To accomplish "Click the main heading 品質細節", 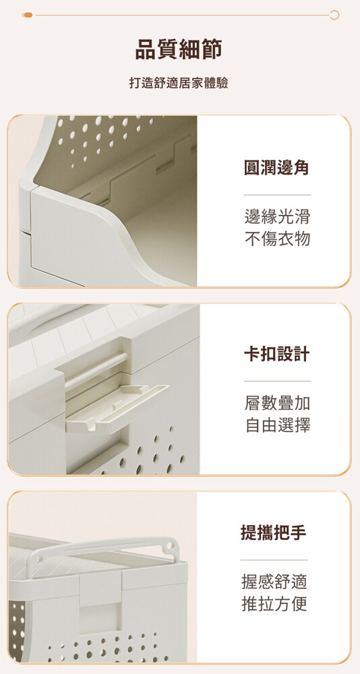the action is click(x=179, y=49).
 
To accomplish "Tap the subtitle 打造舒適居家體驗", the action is click(x=179, y=83).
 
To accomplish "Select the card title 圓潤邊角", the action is click(x=277, y=168).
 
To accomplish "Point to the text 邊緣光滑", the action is click(x=277, y=217).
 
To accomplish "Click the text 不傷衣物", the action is click(x=277, y=239).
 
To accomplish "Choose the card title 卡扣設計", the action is click(x=277, y=355).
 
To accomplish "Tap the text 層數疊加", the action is click(x=277, y=403).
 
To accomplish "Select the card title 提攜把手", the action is click(x=274, y=533).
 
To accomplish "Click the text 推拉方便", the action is click(x=274, y=604).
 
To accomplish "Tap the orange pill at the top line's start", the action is click(x=28, y=15).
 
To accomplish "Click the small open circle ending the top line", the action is click(x=334, y=15).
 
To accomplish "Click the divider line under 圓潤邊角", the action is click(x=277, y=195).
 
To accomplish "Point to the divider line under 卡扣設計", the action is click(x=277, y=381).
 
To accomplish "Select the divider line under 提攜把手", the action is click(x=274, y=560).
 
